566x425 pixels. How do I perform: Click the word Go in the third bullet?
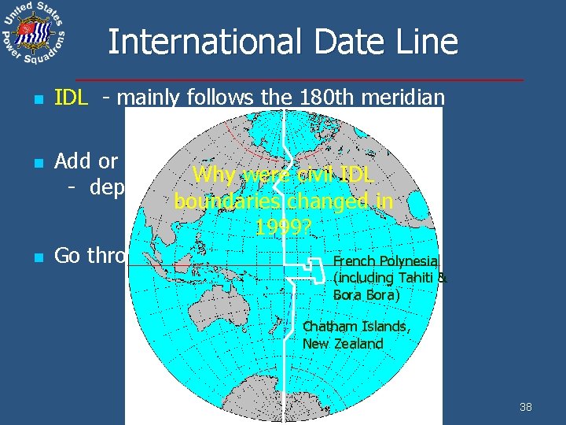[68, 256]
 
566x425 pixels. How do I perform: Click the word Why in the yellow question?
[213, 175]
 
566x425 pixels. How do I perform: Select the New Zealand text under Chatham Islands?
[343, 343]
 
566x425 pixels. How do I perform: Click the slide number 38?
[526, 407]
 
